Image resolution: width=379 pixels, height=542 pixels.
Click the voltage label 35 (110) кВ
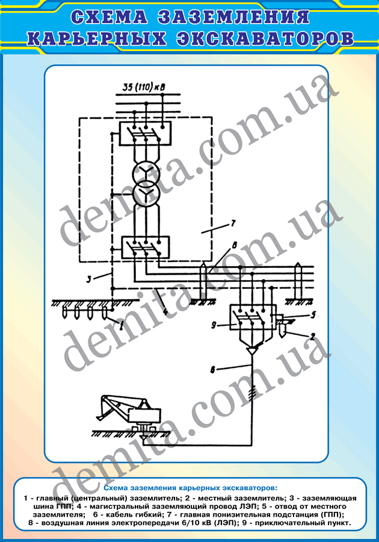tap(144, 87)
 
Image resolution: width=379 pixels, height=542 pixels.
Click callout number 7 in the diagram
tap(233, 223)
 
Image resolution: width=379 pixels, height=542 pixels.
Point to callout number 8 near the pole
tap(235, 246)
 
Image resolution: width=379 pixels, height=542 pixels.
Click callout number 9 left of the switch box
tap(214, 325)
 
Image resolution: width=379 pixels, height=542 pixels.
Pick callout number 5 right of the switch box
tap(313, 314)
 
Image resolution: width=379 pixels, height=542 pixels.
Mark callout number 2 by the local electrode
tap(313, 336)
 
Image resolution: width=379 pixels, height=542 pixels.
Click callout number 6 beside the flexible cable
tap(214, 370)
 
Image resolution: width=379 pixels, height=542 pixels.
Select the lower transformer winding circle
tap(146, 195)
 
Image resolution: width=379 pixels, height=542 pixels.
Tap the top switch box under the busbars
tap(146, 134)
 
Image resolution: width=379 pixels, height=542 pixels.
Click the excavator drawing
tap(131, 416)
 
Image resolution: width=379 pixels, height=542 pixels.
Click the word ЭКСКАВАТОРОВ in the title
tap(265, 38)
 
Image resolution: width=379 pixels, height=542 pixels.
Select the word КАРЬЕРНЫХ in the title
tap(96, 38)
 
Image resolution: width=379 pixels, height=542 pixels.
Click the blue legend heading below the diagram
tap(190, 488)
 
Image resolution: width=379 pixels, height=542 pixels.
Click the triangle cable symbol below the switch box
tap(253, 350)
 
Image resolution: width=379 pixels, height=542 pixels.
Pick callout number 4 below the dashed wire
tap(166, 311)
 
